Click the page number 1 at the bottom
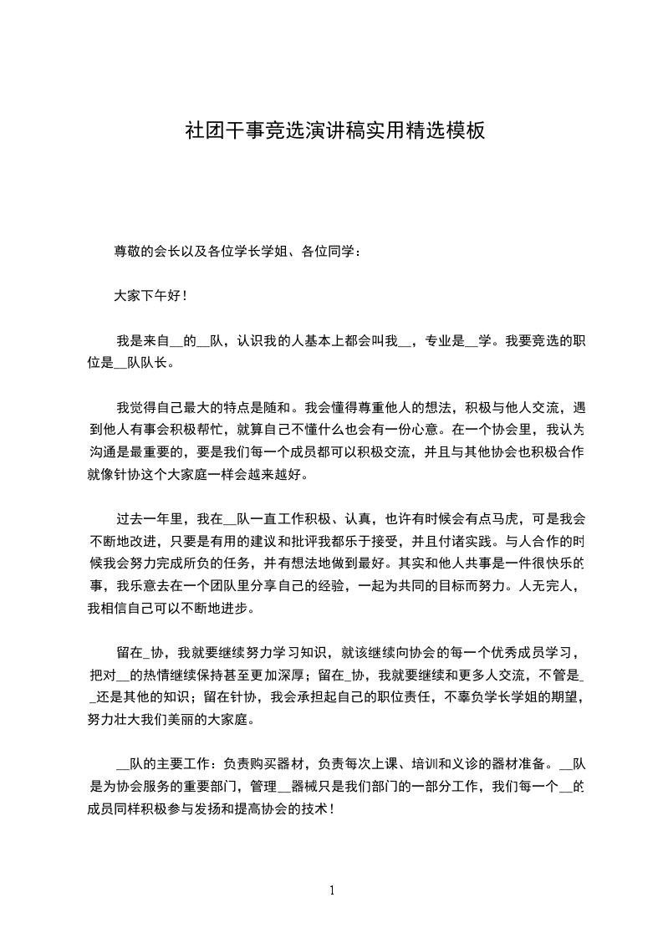[x=332, y=890]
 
